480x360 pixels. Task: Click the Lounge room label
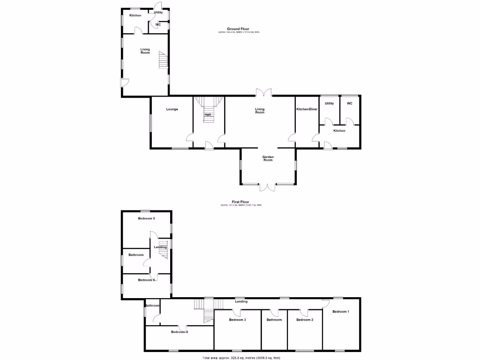point(172,109)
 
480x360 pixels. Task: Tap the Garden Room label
point(268,158)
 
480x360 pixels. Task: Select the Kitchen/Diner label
point(307,109)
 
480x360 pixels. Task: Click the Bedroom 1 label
point(341,312)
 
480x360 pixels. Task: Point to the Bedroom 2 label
point(305,320)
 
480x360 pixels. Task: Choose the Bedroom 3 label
point(237,320)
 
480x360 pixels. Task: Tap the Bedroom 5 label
point(146,218)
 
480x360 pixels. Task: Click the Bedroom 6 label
point(146,280)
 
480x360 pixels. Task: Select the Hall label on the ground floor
point(207,114)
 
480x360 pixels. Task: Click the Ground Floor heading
point(238,29)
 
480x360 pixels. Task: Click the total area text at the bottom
point(241,358)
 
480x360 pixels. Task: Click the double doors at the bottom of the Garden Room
point(268,187)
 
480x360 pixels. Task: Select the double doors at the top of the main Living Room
point(263,92)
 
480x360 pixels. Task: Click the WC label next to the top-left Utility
point(158,24)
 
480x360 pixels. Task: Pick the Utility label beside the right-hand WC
point(330,103)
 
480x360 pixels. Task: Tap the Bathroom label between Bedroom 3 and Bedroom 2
point(274,320)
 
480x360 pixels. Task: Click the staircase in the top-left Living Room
point(163,60)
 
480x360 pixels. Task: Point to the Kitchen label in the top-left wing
point(135,15)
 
